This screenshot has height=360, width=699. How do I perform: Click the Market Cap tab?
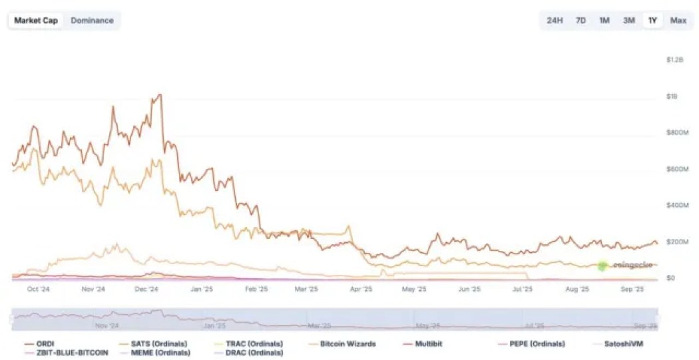tap(36, 21)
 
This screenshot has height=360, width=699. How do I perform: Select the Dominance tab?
tap(92, 21)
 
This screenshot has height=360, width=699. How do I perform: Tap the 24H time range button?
tap(555, 21)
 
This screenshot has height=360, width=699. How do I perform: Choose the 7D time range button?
tap(581, 21)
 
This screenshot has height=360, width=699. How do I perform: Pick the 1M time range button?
tap(604, 21)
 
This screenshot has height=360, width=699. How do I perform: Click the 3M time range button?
tap(628, 21)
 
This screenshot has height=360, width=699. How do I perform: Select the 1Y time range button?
tap(652, 21)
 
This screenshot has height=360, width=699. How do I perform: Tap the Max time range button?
tap(678, 21)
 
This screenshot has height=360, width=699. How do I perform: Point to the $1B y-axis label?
tap(672, 96)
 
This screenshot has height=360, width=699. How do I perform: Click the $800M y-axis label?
tap(676, 133)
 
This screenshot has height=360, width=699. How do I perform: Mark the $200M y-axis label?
tap(676, 242)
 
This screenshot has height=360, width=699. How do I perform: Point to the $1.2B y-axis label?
tap(674, 60)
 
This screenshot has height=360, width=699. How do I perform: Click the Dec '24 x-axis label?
tap(146, 289)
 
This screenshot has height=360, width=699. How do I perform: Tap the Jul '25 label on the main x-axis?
tap(523, 289)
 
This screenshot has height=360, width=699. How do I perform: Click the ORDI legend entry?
tap(45, 344)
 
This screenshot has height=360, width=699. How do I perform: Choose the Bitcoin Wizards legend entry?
tap(348, 344)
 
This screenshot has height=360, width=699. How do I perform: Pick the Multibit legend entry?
tap(429, 344)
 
